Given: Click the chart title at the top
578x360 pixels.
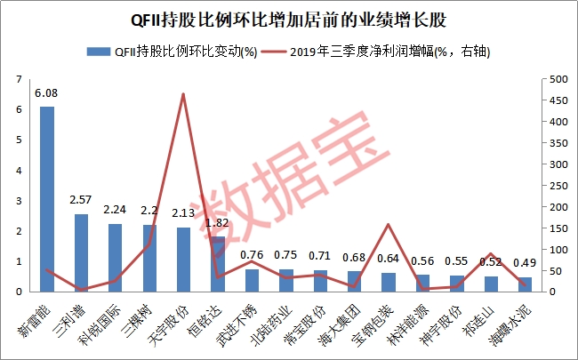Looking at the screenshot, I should click(x=289, y=18).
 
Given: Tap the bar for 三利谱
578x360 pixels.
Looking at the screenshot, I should click(x=81, y=252).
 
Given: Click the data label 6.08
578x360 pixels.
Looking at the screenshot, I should click(x=47, y=92).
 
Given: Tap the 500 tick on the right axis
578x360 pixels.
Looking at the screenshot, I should click(x=554, y=80).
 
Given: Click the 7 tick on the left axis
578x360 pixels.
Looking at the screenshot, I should click(x=20, y=80).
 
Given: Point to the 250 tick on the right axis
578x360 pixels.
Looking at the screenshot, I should click(x=554, y=186).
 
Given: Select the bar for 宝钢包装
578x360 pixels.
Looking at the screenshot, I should click(x=389, y=281).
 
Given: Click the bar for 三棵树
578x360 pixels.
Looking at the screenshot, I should click(x=149, y=258).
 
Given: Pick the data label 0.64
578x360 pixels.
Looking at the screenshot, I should click(x=389, y=260).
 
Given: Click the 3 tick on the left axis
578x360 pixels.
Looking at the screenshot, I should click(x=20, y=201).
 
